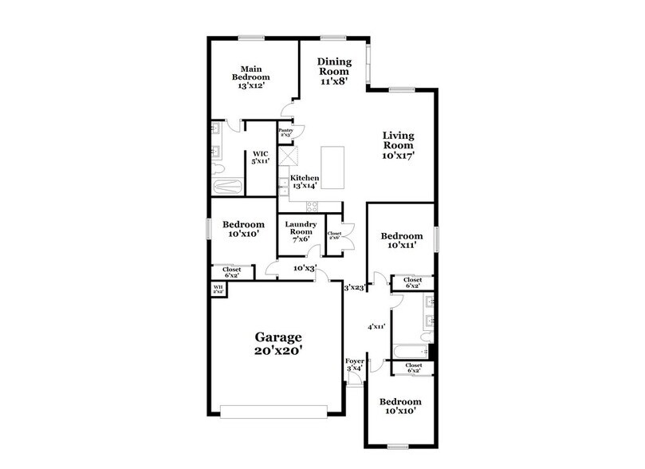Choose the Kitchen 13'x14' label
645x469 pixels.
tap(304, 182)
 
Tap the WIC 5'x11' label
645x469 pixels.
tap(259, 158)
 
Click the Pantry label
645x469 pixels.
tap(285, 132)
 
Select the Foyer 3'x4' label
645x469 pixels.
tap(354, 364)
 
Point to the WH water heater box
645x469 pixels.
tap(218, 289)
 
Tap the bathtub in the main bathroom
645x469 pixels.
tap(228, 186)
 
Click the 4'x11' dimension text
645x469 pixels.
tap(376, 327)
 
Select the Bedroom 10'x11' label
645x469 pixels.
tap(401, 241)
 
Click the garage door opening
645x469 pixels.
tap(278, 412)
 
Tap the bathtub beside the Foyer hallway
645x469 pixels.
tap(411, 350)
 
